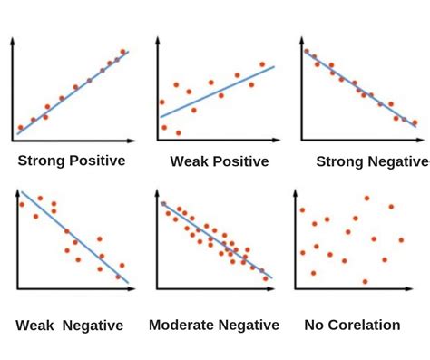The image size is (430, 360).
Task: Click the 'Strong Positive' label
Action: [72, 161]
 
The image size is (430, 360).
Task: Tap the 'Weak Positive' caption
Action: [219, 162]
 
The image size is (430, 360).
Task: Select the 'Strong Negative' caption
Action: [370, 161]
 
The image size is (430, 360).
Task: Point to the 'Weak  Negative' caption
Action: [70, 324]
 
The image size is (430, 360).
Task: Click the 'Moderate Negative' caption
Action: [213, 324]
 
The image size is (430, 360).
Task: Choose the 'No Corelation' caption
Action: [354, 324]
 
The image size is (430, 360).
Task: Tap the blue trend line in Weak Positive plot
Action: [218, 91]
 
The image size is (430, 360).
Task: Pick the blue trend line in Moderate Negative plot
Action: [218, 240]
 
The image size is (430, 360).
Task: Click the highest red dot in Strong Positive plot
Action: [122, 52]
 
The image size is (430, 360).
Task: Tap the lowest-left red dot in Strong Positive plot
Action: [20, 128]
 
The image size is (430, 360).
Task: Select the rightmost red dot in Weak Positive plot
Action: [262, 64]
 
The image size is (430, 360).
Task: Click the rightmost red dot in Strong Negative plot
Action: [415, 122]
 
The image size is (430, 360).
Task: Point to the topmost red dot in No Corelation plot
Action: [366, 198]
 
